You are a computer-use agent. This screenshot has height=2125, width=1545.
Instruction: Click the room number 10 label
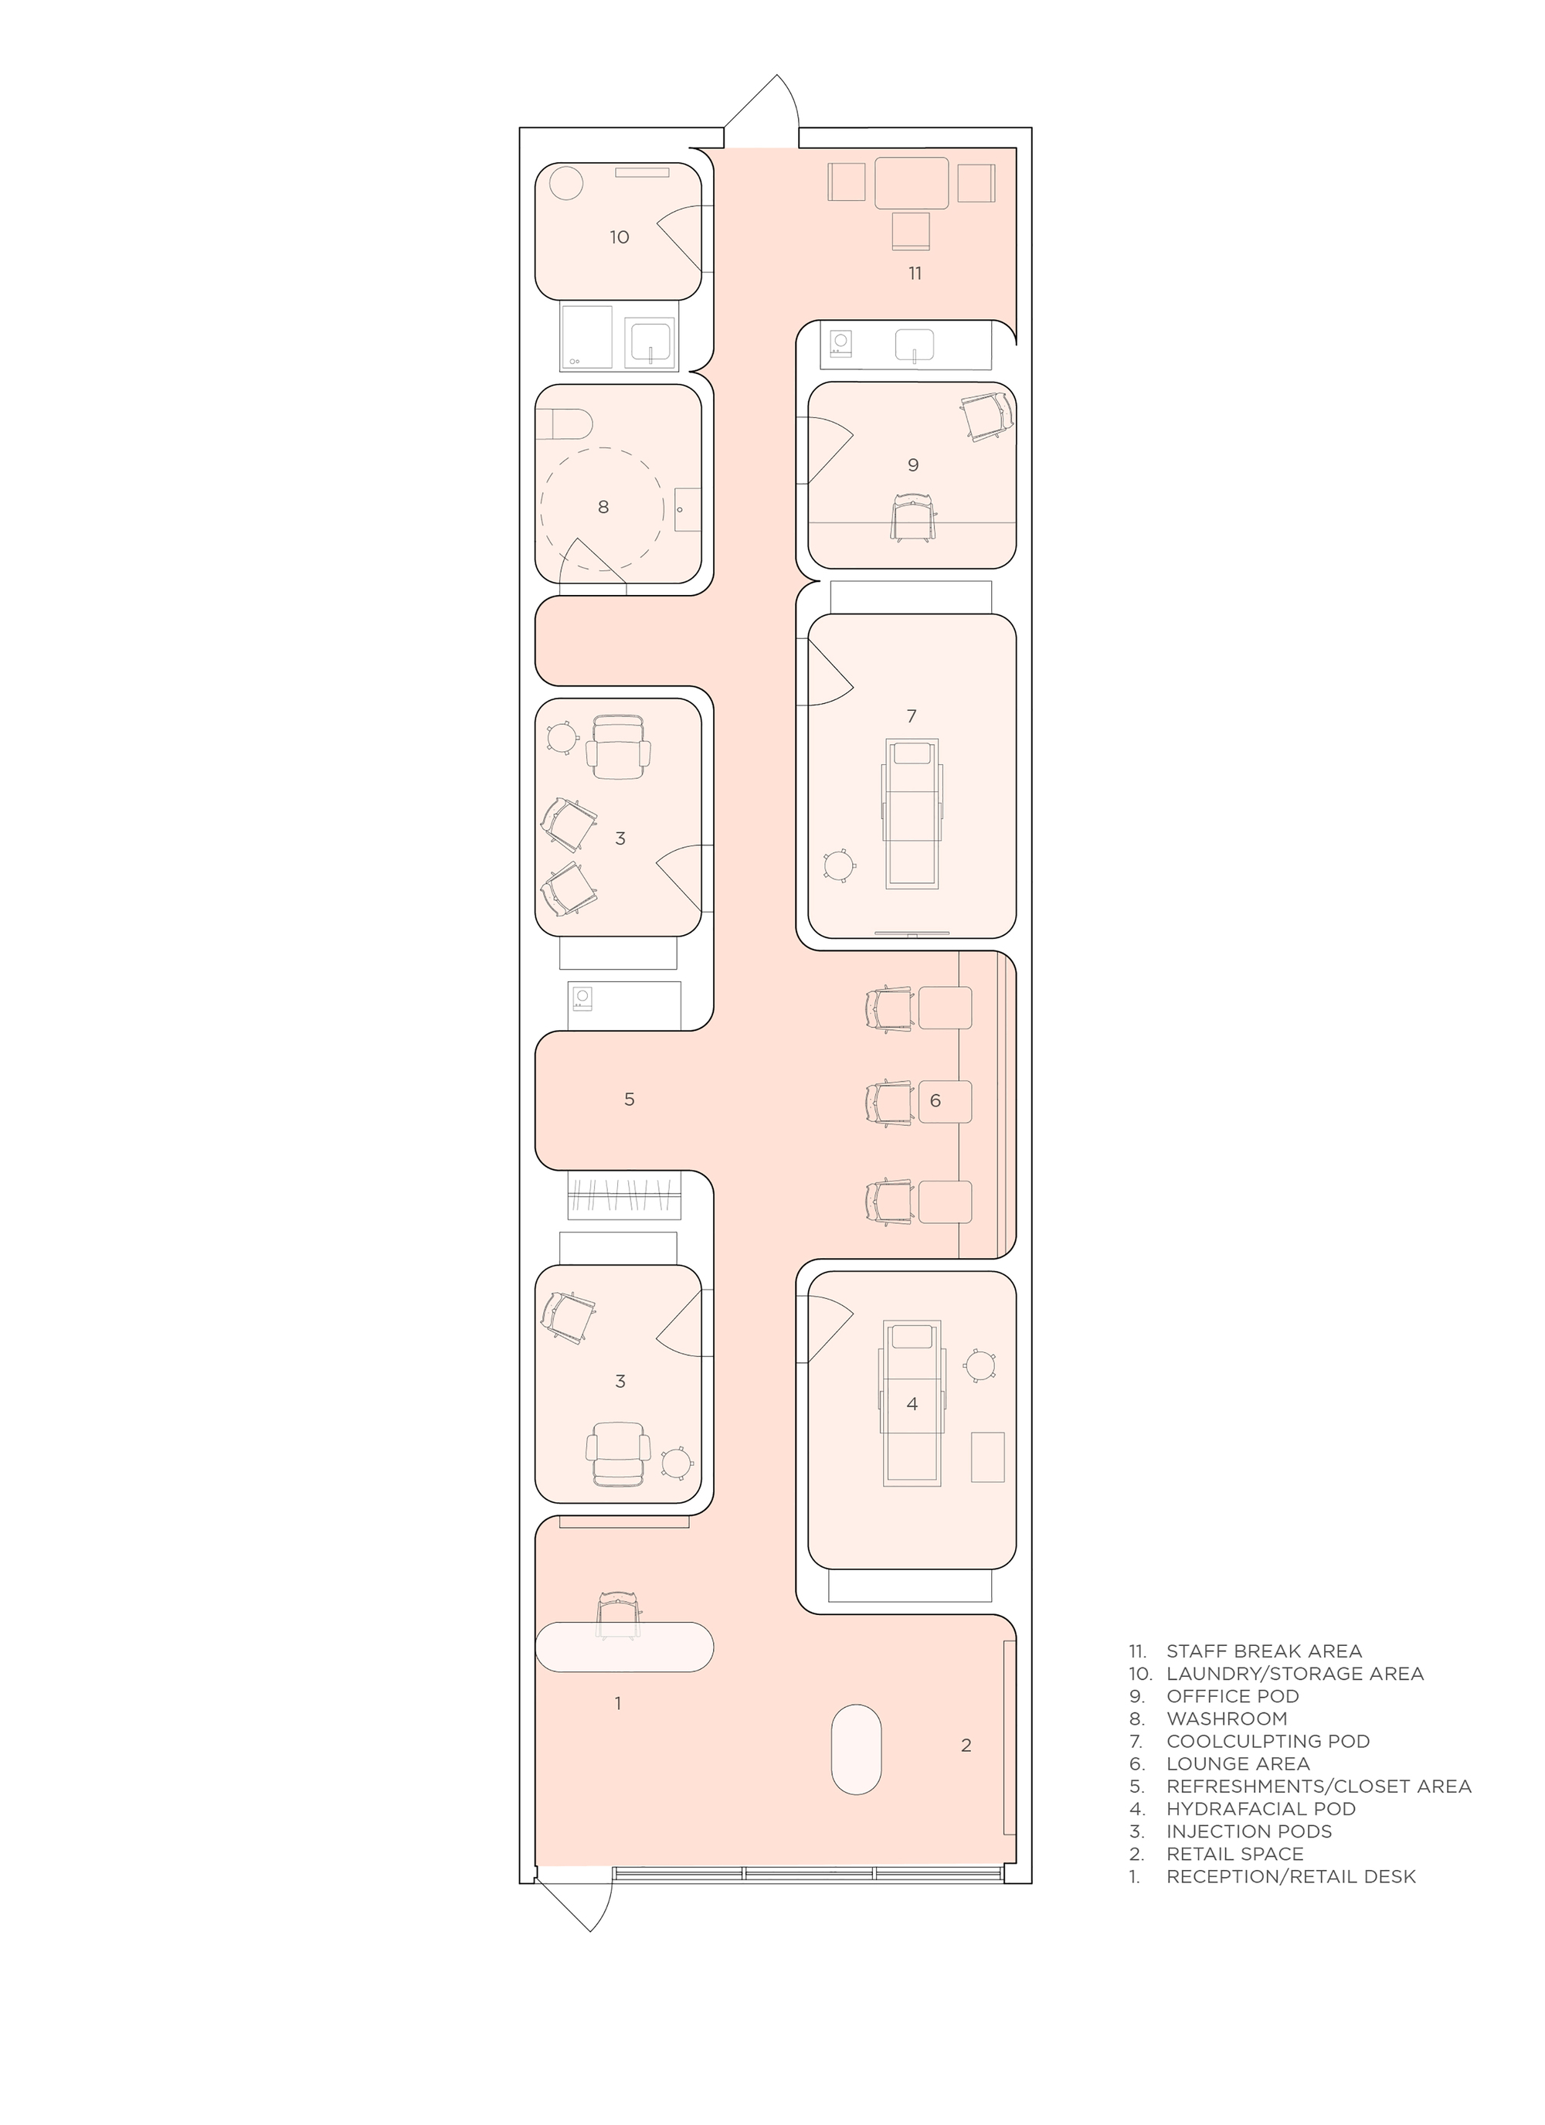(x=620, y=237)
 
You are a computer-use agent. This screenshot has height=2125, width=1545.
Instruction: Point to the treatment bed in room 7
(x=912, y=812)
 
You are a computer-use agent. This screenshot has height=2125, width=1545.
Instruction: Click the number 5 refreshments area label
(x=630, y=1099)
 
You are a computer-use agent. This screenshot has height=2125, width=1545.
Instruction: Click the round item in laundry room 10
(x=566, y=182)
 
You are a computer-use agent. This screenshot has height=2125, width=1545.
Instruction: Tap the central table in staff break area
(x=912, y=182)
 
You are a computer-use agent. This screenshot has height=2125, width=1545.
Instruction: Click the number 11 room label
(x=915, y=273)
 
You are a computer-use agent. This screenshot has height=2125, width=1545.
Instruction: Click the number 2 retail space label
(x=966, y=1745)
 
